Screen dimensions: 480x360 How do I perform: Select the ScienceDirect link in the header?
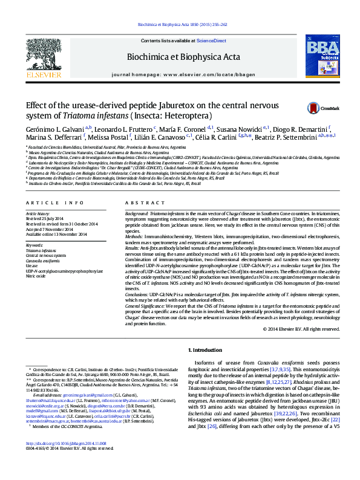211,41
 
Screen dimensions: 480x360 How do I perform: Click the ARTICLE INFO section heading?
50,203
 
